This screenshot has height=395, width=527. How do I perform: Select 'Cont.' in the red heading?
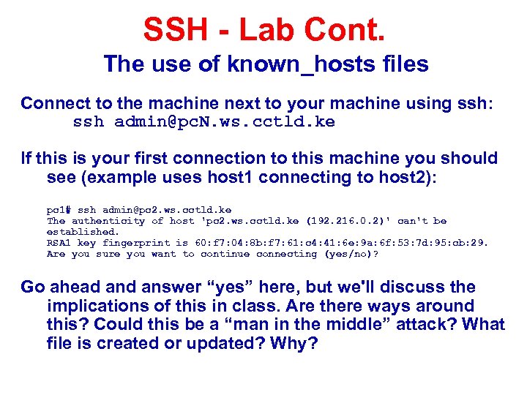coord(349,31)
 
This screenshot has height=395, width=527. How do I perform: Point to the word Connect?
coord(53,103)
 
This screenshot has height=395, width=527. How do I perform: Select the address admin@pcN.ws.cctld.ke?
coord(225,122)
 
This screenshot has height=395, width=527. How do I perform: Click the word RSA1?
coord(59,243)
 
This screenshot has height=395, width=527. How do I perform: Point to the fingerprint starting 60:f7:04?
coord(339,243)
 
